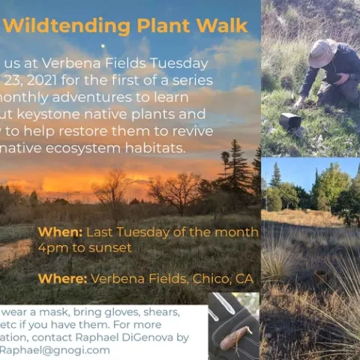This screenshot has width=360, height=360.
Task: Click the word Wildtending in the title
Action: [58, 26]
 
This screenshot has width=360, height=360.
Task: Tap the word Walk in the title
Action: [220, 26]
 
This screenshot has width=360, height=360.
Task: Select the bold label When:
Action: [60, 232]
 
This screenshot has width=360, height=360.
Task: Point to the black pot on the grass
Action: [289, 120]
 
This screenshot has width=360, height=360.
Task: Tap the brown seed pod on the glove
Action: [233, 335]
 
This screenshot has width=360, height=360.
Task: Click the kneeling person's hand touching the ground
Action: [301, 101]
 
